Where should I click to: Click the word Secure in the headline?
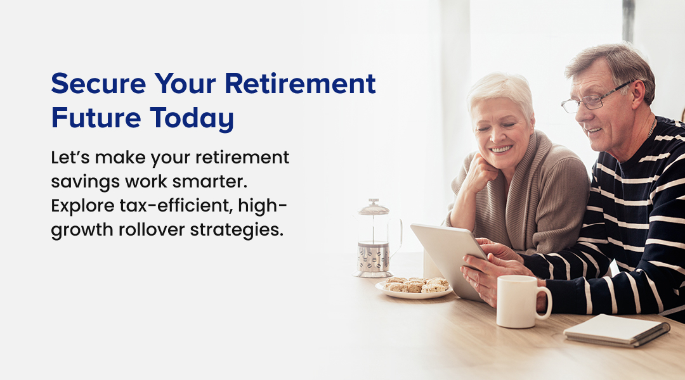99,84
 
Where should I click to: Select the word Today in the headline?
192,118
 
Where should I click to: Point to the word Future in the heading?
96,118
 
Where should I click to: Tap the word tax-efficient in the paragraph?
176,205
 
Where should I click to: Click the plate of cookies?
414,288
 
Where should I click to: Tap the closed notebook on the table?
617,330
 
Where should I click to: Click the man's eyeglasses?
595,99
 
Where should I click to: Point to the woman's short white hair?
499,92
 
